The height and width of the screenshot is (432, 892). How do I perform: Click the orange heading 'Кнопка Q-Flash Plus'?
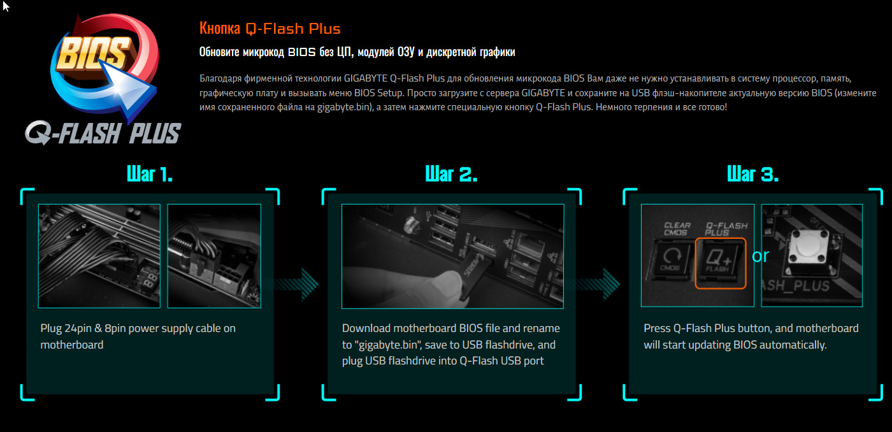270,29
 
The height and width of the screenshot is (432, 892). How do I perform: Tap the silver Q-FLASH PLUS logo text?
103,133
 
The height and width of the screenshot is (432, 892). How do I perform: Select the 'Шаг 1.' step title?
150,174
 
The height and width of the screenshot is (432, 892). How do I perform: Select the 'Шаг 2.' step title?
451,174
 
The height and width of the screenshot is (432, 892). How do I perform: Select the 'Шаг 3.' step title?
752,174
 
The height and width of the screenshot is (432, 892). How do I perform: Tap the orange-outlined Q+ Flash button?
721,263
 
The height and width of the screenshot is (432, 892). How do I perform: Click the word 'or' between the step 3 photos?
760,256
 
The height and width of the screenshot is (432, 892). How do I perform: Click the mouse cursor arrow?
6,6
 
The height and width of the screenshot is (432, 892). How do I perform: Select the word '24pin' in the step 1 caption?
78,329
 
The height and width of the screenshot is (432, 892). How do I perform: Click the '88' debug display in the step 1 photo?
150,280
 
